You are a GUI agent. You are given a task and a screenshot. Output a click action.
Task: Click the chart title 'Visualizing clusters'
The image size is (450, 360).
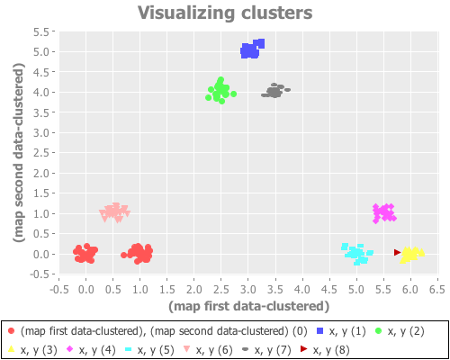(225, 13)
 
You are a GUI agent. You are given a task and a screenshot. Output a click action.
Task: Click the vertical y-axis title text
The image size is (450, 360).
(18, 153)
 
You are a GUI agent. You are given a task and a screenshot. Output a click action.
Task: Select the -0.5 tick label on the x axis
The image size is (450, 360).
(58, 290)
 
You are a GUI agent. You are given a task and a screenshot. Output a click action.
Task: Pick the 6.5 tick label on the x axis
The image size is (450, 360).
(437, 290)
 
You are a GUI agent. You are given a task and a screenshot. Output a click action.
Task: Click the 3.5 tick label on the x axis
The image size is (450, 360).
(275, 290)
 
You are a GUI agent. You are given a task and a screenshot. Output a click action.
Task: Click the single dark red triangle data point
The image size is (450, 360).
(398, 253)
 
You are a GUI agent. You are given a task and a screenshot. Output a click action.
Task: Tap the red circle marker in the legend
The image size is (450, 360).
(11, 331)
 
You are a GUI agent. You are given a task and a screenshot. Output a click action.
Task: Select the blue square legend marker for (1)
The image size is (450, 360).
(320, 331)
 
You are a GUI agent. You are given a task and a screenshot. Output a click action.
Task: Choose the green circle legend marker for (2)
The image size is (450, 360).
(379, 331)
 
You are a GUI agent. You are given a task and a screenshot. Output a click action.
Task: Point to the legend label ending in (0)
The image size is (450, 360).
(163, 331)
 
